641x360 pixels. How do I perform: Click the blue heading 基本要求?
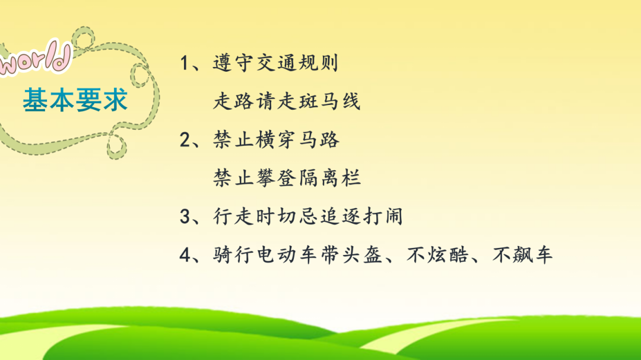(75, 99)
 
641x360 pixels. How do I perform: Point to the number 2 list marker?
(185, 139)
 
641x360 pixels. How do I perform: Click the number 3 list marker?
(185, 216)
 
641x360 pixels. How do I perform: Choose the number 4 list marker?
(185, 254)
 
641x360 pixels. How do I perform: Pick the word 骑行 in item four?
(233, 254)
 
